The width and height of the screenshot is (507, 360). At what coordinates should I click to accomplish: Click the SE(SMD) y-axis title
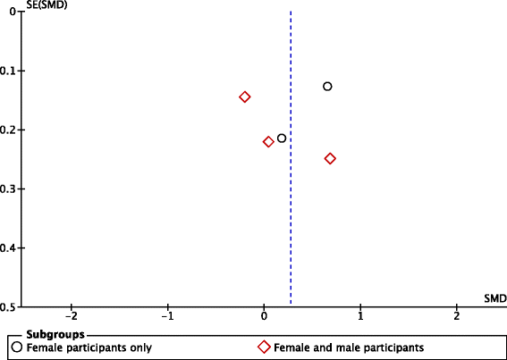pos(25,5)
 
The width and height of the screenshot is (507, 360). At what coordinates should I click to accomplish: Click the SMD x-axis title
pos(494,297)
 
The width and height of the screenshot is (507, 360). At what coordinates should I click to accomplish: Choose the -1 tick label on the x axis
pos(166,317)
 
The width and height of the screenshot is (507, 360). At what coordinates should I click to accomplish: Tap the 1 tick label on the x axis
pos(360,317)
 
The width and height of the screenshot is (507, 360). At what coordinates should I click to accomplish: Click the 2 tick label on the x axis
pos(457,317)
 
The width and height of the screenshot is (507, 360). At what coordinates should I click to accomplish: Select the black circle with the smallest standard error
pos(327,87)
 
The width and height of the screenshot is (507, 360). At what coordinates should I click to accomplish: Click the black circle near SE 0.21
pos(282,138)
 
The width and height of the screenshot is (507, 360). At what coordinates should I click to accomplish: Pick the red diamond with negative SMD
pos(245,96)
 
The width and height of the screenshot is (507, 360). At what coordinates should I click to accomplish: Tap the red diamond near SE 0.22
pos(268,142)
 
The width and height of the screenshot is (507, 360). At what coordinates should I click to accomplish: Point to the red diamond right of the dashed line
pos(330,159)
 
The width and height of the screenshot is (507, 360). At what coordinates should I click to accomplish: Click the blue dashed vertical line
pos(291,223)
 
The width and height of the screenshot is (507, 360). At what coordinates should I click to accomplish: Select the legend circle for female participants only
pos(16,347)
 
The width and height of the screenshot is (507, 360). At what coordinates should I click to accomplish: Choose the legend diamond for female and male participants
pos(264,347)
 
